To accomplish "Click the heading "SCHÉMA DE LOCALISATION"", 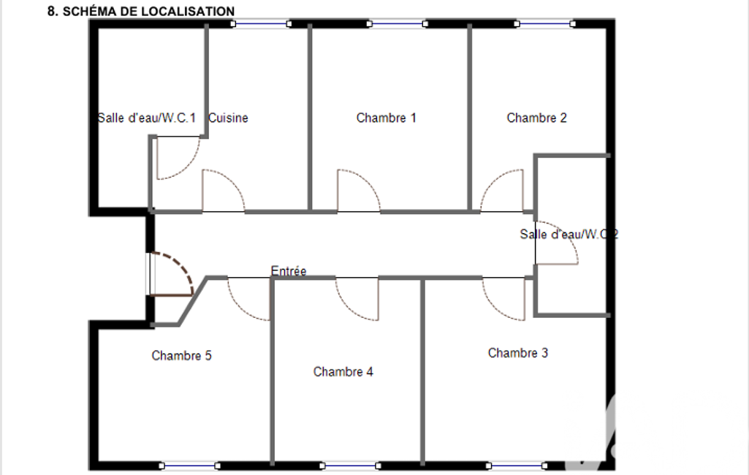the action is [148, 11].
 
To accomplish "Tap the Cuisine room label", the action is [228, 118].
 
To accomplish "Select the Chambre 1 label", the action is [386, 118].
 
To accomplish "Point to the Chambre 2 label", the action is [536, 118].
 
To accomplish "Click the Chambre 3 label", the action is [518, 353].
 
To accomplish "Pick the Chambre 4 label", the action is [343, 371].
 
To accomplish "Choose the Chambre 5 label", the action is [181, 355].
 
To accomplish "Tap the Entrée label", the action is [289, 271].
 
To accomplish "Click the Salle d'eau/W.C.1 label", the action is [147, 118].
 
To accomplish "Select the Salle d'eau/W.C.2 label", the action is [569, 234].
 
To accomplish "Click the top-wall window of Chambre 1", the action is [397, 23].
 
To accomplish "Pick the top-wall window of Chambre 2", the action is [544, 23].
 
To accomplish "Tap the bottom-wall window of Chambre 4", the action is [350, 465].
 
